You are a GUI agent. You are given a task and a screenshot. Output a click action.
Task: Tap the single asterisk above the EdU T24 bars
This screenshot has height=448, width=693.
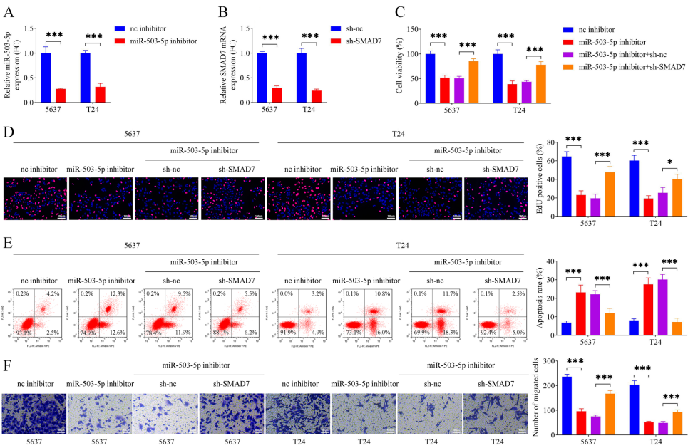pos(669,162)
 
